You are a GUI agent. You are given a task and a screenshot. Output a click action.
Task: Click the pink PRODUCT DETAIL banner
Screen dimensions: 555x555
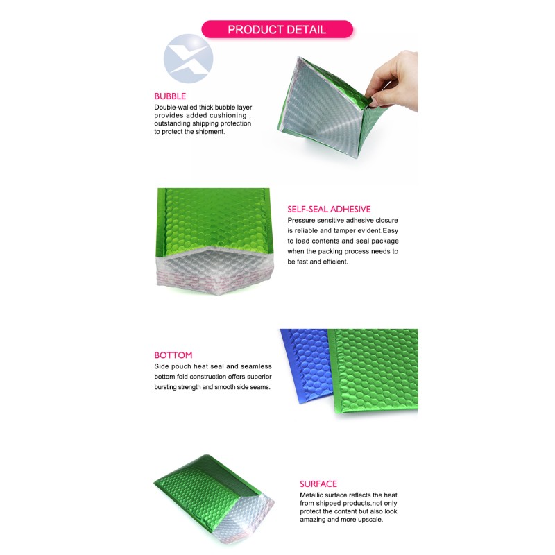(277, 29)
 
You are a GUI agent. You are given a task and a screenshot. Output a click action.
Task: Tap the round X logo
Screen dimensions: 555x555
(188, 59)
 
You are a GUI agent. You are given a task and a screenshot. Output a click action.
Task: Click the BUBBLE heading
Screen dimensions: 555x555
(170, 96)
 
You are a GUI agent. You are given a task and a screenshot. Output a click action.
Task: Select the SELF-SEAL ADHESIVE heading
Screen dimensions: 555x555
(329, 209)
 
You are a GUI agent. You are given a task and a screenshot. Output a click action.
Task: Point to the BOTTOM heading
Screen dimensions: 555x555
(173, 355)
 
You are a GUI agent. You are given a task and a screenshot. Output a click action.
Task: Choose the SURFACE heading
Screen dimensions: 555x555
(318, 484)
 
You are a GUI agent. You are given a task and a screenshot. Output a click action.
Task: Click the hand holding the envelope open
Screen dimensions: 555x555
(393, 80)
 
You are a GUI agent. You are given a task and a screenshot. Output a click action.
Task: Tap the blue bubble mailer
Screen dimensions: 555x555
(306, 365)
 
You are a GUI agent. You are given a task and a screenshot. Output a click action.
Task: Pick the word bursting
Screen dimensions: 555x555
(165, 387)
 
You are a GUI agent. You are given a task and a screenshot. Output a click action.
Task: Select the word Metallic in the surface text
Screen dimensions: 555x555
(311, 495)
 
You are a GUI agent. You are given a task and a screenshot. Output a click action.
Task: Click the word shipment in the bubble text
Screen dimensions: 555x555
(210, 132)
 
